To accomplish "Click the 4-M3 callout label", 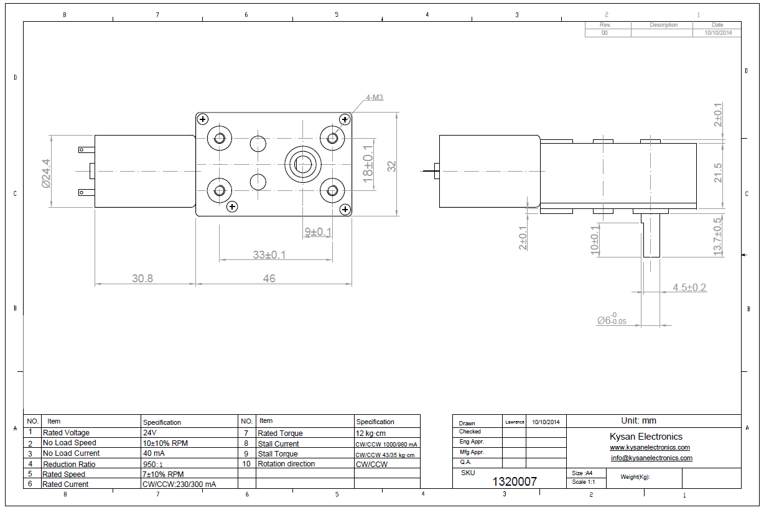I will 375,98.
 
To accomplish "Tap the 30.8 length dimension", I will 142,279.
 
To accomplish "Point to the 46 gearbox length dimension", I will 269,279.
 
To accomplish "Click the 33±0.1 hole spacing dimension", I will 269,255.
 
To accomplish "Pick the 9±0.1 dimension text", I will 318,232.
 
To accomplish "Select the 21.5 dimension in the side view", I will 719,173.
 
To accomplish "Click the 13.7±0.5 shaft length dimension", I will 719,236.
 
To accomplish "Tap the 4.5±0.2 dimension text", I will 689,287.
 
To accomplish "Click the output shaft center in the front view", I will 304,165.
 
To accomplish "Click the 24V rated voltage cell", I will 151,433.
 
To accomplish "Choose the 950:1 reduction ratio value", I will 154,464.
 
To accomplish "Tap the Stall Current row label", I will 278,443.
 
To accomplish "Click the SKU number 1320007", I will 515,481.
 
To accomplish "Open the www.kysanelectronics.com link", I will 650,448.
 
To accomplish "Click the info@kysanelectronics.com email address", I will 651,458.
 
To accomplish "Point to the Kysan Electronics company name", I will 646,437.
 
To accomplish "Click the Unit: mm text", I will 638,421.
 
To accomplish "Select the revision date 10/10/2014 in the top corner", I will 717,33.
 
